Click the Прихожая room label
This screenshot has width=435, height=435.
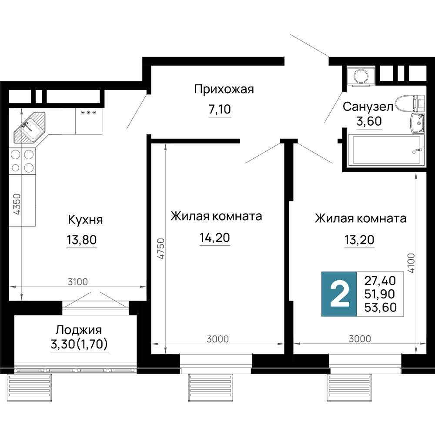coord(224,90)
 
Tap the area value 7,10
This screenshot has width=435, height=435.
coord(220,109)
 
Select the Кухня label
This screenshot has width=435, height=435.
coord(85,220)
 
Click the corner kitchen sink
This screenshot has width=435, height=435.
coord(28,127)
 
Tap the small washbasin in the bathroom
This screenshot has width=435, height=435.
coord(417,123)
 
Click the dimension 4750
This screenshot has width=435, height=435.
coord(161,249)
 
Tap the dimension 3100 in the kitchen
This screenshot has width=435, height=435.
coord(78,281)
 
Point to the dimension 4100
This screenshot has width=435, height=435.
coord(412,264)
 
